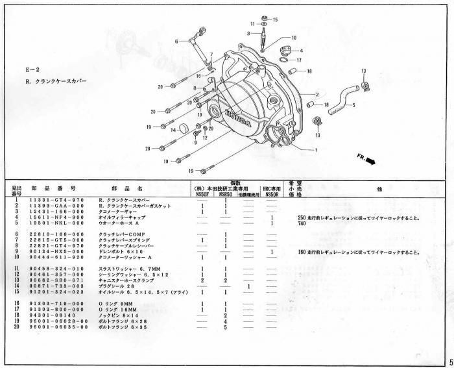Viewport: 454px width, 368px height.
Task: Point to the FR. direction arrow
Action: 366,160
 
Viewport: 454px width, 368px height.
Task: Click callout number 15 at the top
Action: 276,20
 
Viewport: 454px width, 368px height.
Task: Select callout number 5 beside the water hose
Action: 353,105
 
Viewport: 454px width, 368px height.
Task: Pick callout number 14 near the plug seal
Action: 173,130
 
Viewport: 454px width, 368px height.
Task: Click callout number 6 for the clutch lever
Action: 176,42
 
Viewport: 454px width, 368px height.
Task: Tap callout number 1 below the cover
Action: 315,150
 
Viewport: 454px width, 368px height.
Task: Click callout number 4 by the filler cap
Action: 301,50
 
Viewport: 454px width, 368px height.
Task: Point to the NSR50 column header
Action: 224,193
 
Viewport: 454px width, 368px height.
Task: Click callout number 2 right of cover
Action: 317,94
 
